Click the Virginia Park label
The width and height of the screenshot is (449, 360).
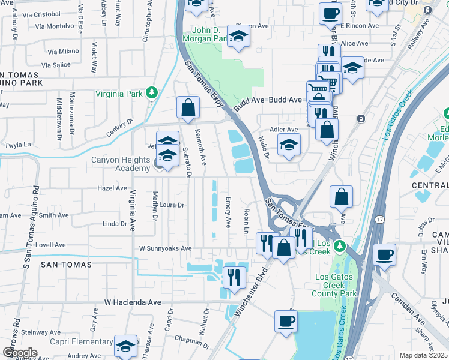(120, 94)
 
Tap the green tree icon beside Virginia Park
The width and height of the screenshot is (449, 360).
(152, 93)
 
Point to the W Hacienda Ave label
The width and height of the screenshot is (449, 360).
(133, 303)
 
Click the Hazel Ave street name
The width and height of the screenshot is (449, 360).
(112, 188)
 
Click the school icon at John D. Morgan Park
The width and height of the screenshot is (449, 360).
(239, 38)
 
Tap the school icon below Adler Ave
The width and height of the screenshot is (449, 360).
(289, 145)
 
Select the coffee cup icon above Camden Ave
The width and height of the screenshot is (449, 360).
(384, 254)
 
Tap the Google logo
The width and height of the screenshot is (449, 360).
(20, 352)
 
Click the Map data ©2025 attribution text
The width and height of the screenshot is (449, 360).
(423, 355)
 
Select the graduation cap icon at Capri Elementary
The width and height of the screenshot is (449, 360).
(126, 346)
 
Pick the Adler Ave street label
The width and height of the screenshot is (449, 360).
(284, 129)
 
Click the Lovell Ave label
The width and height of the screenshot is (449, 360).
(50, 245)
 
